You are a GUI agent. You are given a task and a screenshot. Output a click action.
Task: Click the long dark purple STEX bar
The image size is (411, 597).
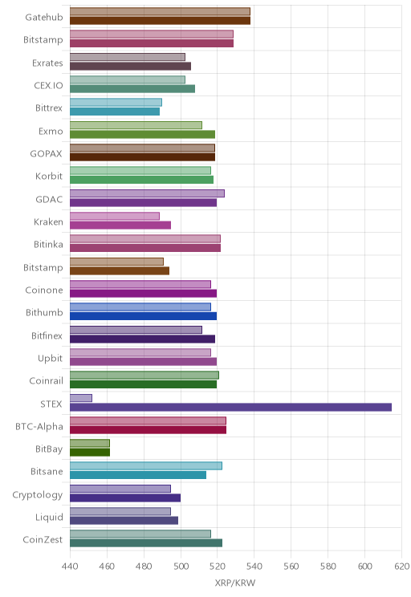pos(231,407)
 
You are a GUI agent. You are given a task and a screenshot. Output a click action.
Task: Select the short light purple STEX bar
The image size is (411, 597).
pos(81,398)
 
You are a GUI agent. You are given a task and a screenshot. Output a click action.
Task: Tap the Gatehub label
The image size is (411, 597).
pos(44,17)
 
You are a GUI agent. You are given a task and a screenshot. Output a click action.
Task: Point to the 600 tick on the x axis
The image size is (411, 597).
pos(365,567)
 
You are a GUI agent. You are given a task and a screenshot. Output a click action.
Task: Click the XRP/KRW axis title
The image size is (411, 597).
pos(235,583)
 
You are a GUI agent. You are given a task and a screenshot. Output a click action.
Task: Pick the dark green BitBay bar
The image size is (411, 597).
pos(90,453)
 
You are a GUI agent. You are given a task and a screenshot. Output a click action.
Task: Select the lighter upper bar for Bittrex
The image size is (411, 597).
pos(116,102)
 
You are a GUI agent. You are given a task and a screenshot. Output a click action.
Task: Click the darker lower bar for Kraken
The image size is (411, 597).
pos(120,225)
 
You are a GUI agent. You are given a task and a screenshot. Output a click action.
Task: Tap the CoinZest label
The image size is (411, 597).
pos(43,539)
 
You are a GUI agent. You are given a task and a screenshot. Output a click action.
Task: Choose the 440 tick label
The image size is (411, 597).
pos(70,567)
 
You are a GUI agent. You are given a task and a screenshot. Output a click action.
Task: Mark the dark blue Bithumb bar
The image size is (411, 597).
pos(143,316)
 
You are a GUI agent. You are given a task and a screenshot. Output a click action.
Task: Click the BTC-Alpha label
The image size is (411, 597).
pos(39,426)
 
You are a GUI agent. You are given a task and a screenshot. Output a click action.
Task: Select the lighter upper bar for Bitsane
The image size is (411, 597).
pos(146,465)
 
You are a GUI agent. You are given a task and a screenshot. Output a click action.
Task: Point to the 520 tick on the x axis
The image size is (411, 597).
pos(218,567)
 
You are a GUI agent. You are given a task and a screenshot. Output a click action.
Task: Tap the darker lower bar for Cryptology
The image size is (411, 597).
pos(125,497)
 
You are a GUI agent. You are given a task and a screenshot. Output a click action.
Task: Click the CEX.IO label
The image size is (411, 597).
pos(48,85)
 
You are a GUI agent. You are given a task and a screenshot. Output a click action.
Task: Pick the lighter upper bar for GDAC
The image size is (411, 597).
pos(147,193)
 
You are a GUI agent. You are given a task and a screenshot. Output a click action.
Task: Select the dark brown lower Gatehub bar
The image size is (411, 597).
pos(160,21)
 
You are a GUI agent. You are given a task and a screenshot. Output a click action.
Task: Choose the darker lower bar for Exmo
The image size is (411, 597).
pos(142,134)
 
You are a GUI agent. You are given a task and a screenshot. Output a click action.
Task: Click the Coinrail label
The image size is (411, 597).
pos(46,380)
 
